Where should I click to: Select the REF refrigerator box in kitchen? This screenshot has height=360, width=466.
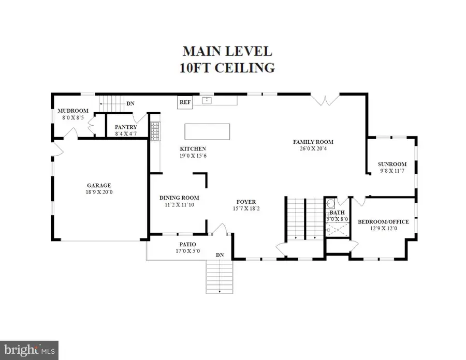click(x=185, y=102)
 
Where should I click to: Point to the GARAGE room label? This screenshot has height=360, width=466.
click(x=99, y=185)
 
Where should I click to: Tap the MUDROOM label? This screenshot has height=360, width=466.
click(x=72, y=111)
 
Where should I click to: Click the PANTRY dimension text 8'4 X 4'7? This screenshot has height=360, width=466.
click(x=126, y=134)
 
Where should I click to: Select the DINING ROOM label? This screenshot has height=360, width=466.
click(x=179, y=198)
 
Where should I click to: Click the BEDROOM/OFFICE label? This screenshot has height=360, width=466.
click(x=383, y=222)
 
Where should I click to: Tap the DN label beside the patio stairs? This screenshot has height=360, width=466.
click(x=220, y=255)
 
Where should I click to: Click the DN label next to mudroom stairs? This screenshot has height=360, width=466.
click(x=131, y=103)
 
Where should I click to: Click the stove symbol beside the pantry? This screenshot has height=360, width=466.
click(x=154, y=131)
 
